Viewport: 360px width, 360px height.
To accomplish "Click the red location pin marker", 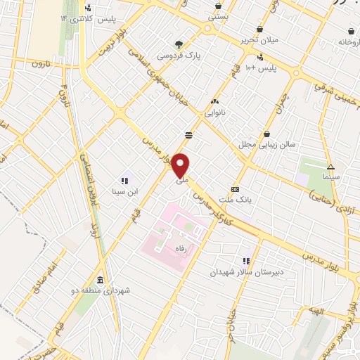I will pyautogui.click(x=181, y=165).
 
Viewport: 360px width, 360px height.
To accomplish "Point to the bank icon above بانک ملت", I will pyautogui.click(x=235, y=189).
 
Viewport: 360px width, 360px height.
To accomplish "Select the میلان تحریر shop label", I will pyautogui.click(x=260, y=39).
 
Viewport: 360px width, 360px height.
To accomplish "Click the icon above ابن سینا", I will pyautogui.click(x=126, y=180).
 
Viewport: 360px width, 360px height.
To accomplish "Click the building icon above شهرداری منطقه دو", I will pyautogui.click(x=100, y=279).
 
